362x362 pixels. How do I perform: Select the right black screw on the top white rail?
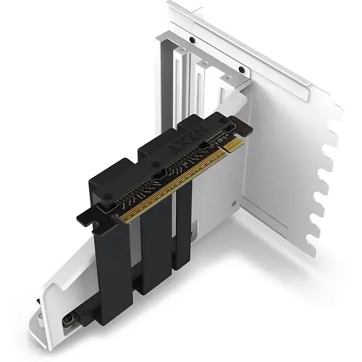pyautogui.click(x=241, y=70)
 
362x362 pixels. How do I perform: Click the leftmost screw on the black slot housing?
pyautogui.click(x=112, y=200)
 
